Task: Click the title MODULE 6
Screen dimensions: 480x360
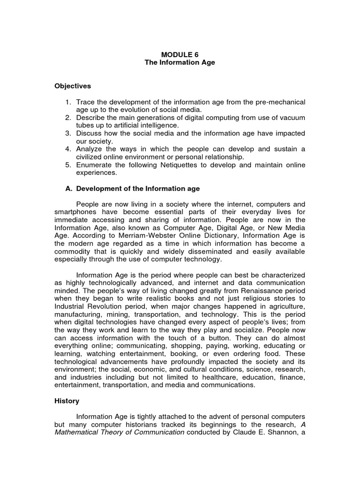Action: (x=180, y=54)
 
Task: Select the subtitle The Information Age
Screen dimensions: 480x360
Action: (x=180, y=62)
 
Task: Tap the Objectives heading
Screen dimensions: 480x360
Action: (x=73, y=86)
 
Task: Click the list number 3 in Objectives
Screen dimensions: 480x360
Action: (x=67, y=134)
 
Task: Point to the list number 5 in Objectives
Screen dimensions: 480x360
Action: (x=67, y=165)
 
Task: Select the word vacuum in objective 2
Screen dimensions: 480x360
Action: (x=294, y=118)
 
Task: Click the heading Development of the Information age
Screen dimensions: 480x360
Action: (x=138, y=189)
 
